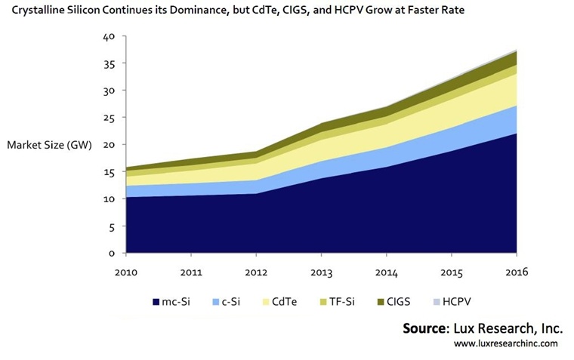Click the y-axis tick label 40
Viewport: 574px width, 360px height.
110,36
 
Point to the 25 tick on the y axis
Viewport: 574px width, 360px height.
110,118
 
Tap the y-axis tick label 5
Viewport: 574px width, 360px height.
112,226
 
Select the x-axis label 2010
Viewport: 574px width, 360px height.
127,272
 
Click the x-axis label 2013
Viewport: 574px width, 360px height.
322,272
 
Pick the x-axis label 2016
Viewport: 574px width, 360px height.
517,272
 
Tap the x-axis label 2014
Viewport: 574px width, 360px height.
387,272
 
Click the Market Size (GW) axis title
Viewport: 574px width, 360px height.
48,145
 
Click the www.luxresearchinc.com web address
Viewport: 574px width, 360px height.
505,343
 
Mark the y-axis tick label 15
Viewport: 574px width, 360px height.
110,172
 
